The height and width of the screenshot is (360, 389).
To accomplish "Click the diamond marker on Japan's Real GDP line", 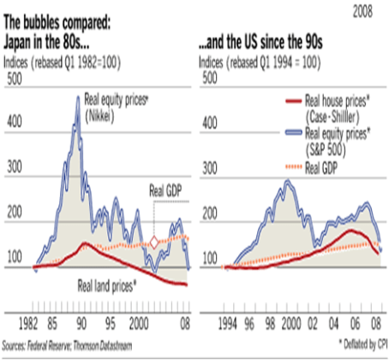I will pos(154,243).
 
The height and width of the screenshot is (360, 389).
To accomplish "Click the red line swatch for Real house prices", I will pos(294,100).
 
